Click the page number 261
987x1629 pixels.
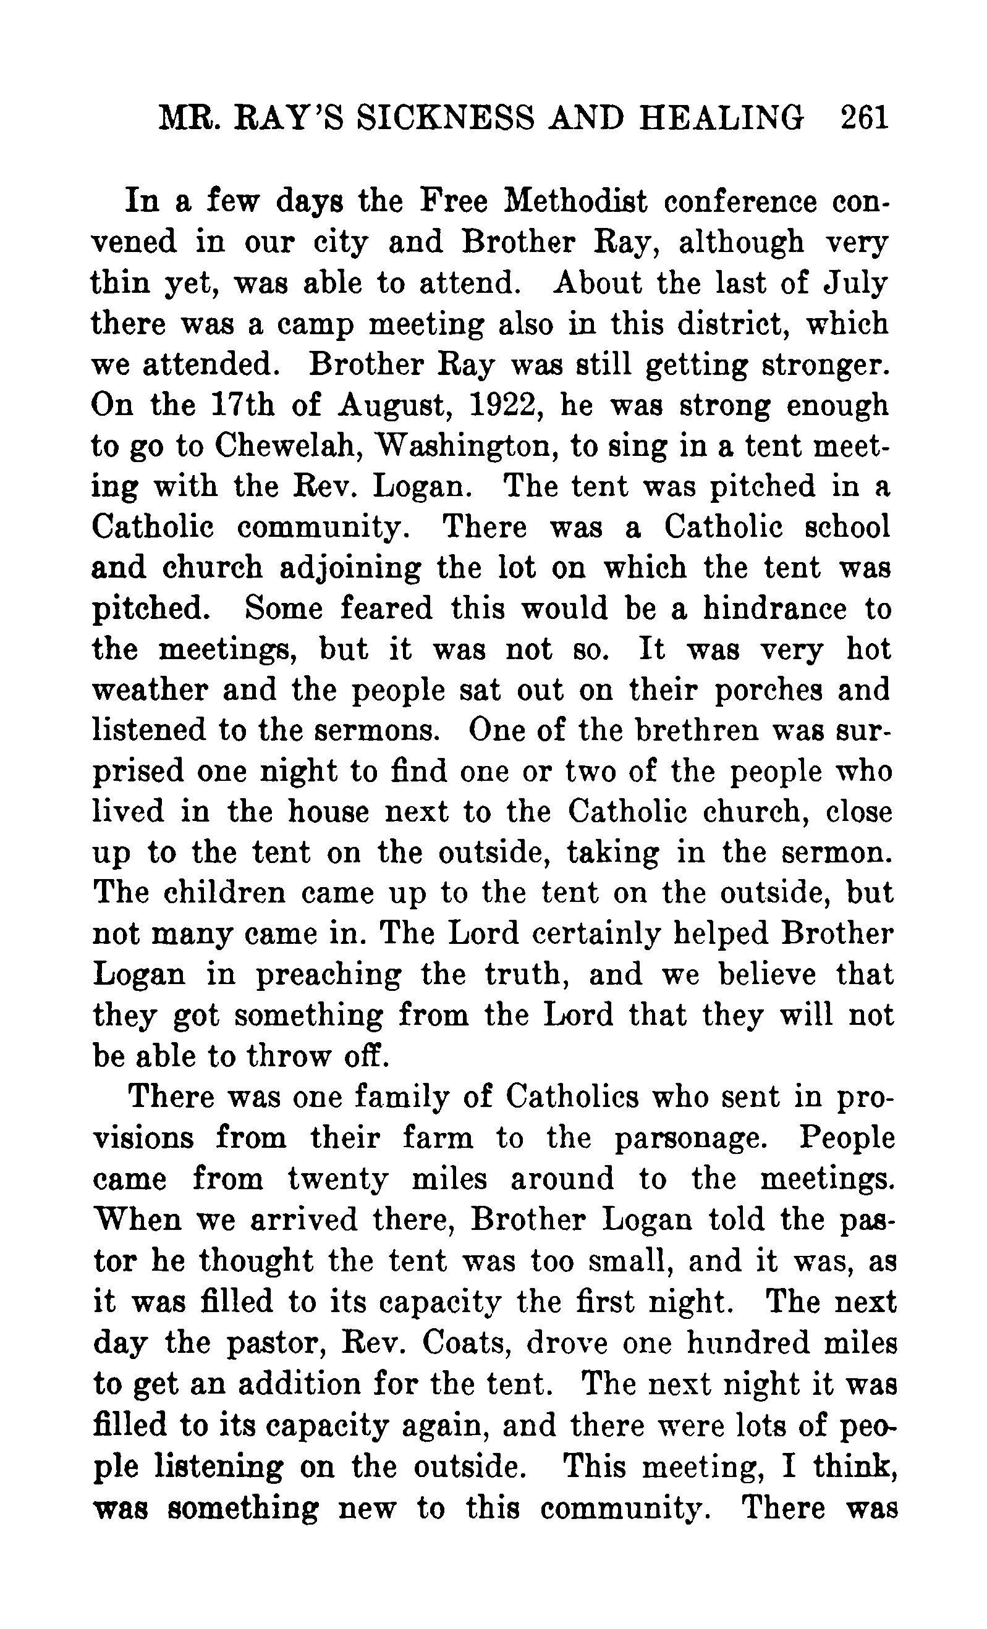pos(863,119)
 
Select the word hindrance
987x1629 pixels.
pos(774,609)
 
